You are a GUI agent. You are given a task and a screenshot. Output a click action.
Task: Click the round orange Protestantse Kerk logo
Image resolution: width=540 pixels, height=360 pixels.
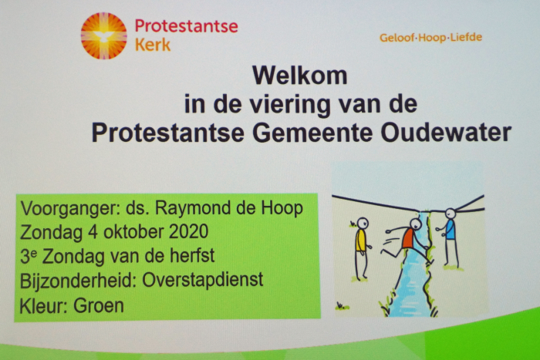click(x=103, y=35)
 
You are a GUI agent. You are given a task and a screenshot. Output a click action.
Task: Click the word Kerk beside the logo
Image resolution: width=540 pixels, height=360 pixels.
click(x=153, y=45)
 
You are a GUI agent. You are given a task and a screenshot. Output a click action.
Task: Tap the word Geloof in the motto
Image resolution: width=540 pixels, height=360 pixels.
click(x=397, y=38)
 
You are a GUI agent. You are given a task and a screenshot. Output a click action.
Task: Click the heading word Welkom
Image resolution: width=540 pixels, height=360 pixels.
click(x=299, y=76)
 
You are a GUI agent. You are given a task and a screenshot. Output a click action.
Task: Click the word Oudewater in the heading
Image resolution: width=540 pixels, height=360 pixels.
click(x=446, y=133)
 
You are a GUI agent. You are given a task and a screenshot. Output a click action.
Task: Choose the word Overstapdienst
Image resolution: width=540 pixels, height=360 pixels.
click(x=202, y=280)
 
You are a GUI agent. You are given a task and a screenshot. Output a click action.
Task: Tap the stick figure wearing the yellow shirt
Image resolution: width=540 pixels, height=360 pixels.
click(x=362, y=248)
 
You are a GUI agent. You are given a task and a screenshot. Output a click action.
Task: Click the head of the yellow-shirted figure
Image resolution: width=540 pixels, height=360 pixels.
click(x=363, y=223)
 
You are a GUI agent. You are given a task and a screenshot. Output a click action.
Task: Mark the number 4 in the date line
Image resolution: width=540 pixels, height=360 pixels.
click(x=93, y=231)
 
